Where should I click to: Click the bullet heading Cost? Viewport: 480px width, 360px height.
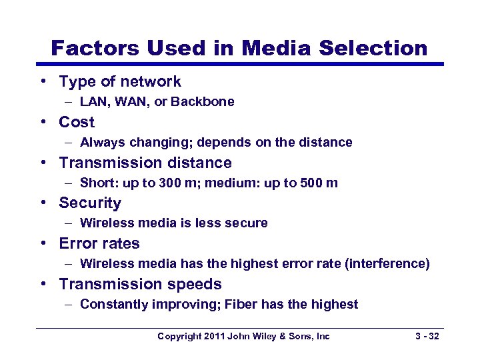77,123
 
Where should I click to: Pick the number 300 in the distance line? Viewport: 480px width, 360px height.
171,183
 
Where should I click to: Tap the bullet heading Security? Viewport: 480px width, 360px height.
90,203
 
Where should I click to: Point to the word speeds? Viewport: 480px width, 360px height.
195,285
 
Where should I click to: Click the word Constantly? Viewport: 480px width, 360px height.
113,305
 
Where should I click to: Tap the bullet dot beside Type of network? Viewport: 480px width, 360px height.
42,82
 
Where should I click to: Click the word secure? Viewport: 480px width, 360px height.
246,223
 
